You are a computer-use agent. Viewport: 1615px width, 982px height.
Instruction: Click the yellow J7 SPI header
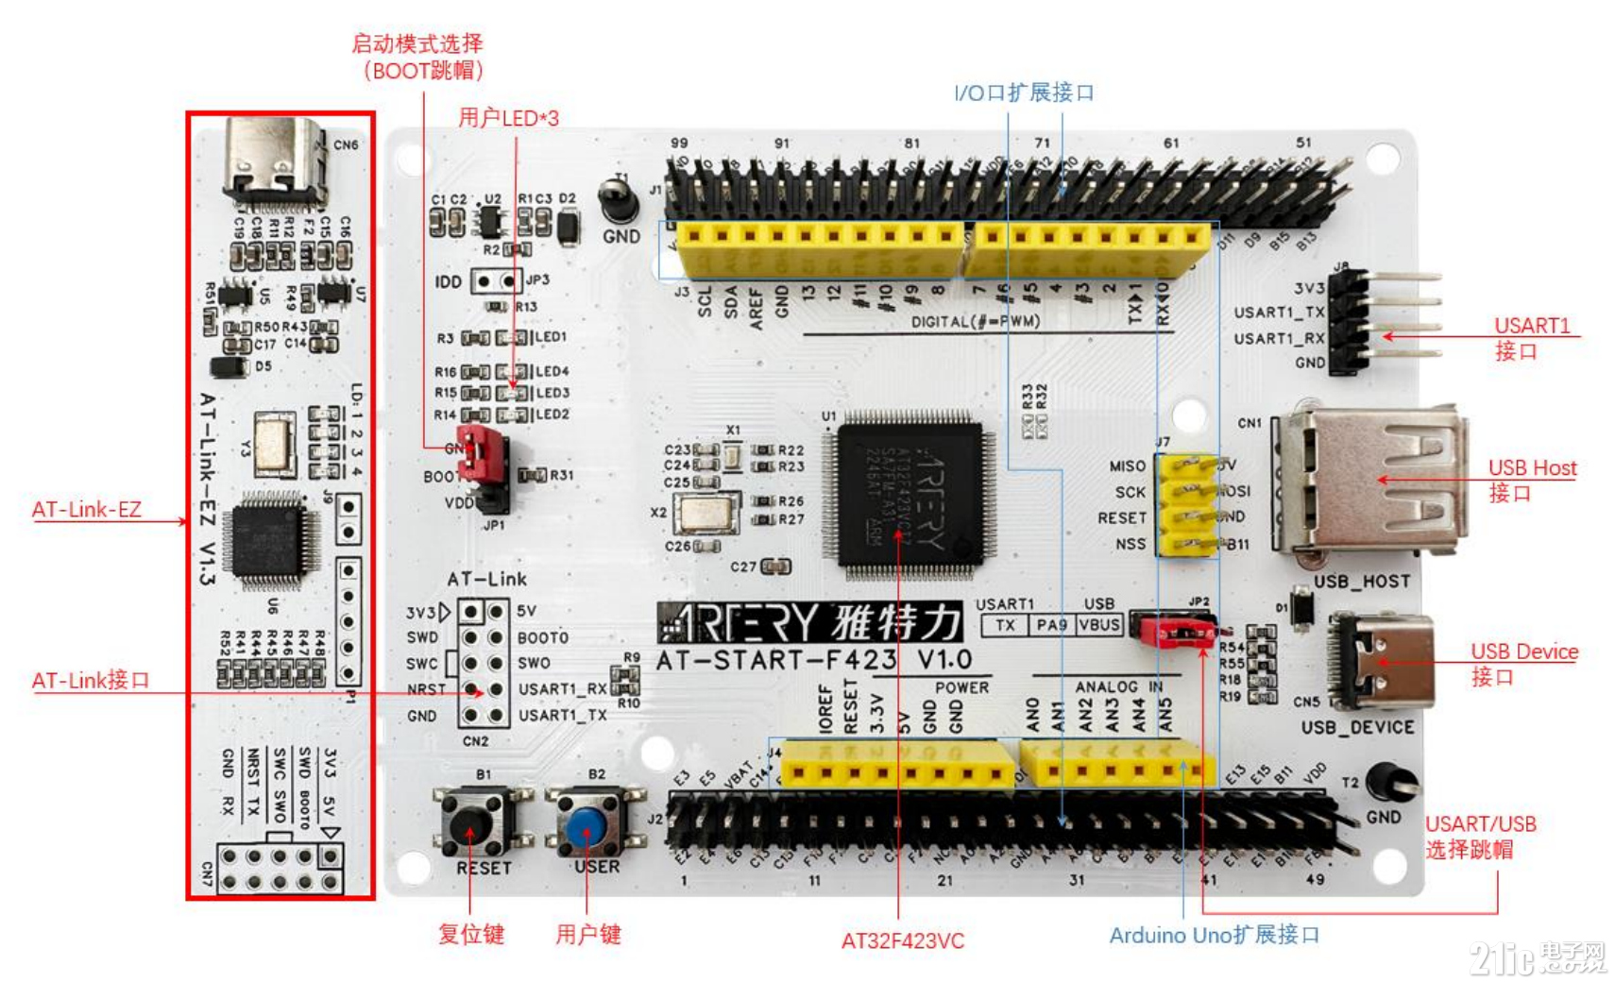[x=1186, y=505]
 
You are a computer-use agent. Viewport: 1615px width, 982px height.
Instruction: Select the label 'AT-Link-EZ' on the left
[x=86, y=510]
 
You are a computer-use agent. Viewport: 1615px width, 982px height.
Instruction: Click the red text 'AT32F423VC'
[x=902, y=940]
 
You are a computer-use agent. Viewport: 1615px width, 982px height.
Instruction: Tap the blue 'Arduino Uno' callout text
[x=1214, y=935]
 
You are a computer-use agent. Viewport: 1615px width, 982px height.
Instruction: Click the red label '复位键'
[x=470, y=934]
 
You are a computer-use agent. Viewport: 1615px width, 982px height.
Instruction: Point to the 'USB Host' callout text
[x=1531, y=468]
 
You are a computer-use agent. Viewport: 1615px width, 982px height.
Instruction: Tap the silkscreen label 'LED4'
[x=552, y=371]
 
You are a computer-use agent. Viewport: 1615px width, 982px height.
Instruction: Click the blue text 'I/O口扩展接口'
[x=1024, y=93]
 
